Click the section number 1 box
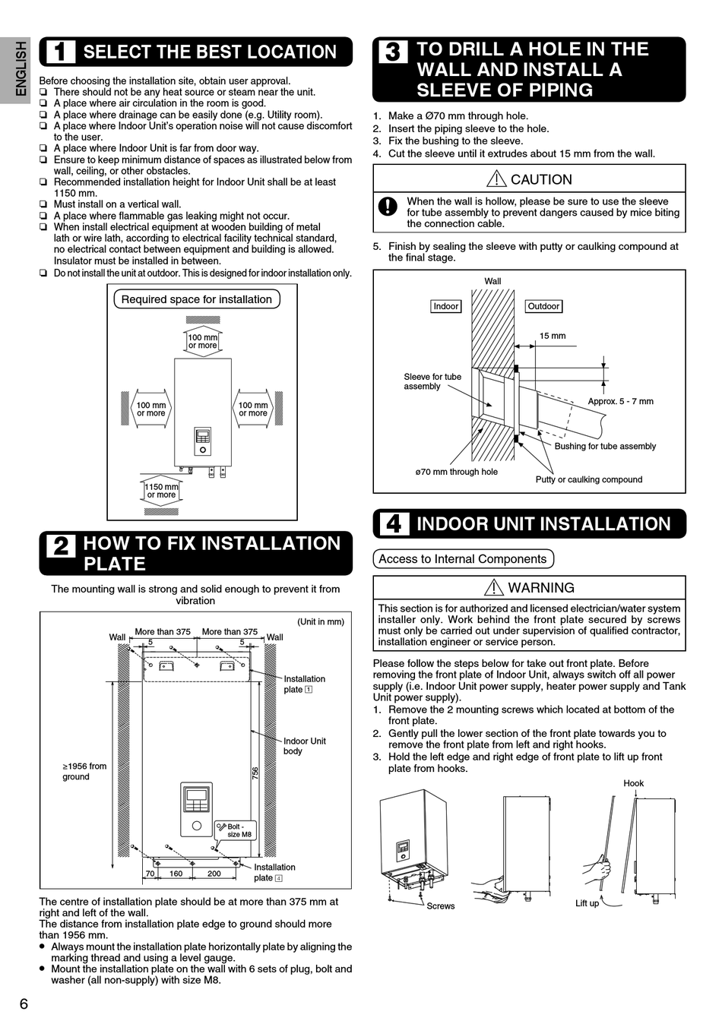(x=61, y=52)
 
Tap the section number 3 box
(x=393, y=52)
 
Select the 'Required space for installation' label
(x=196, y=299)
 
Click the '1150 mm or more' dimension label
(x=161, y=491)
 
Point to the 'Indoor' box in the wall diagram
(x=445, y=306)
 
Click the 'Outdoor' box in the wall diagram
(x=543, y=306)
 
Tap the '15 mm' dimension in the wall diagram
(x=553, y=336)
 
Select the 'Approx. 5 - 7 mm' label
(x=620, y=401)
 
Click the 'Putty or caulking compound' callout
(x=588, y=479)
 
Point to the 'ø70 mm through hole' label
(x=456, y=472)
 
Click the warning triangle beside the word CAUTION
(x=496, y=179)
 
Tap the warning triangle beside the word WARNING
(x=493, y=587)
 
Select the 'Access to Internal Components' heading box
(x=463, y=559)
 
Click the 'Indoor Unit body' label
(x=304, y=746)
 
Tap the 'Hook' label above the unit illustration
(x=633, y=783)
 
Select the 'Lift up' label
(x=587, y=903)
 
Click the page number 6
(x=24, y=1003)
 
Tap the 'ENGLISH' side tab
(x=21, y=68)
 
